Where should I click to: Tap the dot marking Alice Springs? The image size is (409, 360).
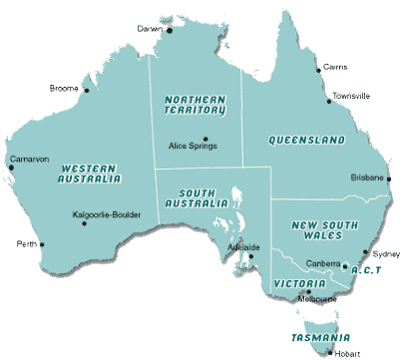click(204, 139)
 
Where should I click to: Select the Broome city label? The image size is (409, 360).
click(64, 88)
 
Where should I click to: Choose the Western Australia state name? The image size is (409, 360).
click(92, 175)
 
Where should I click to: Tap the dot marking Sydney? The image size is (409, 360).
click(366, 253)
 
